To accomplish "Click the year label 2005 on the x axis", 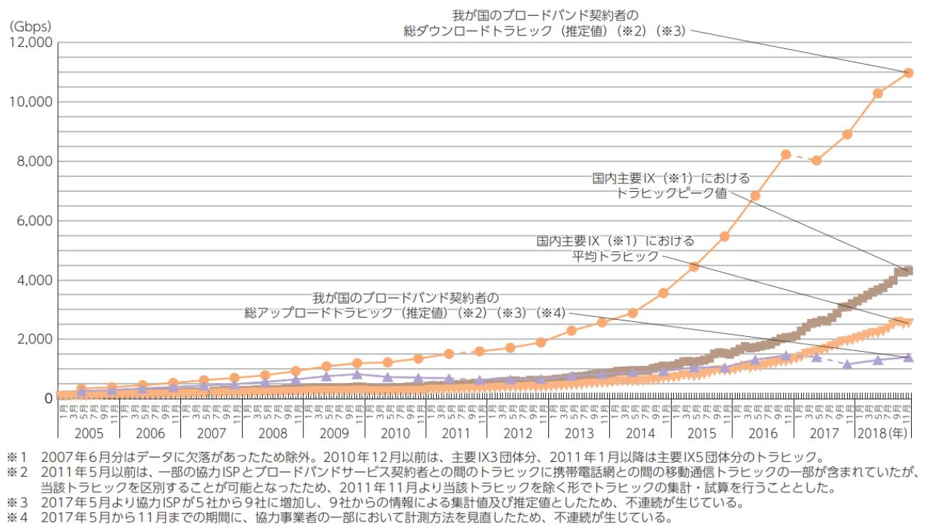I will click(89, 432).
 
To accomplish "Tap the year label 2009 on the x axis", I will click(333, 432).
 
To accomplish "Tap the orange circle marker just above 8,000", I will click(786, 154).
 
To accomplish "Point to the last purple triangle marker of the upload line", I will click(908, 357).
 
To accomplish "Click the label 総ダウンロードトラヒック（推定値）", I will click(544, 31).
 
